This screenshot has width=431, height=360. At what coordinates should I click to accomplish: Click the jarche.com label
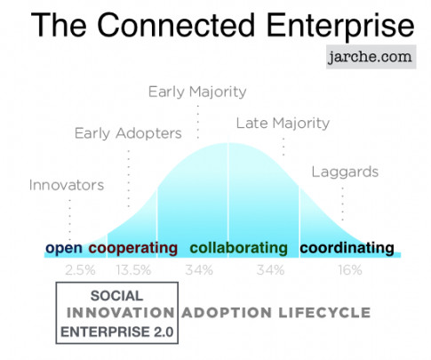371,57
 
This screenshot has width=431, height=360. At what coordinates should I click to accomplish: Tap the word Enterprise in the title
340,26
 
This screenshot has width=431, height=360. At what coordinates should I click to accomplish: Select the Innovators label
67,185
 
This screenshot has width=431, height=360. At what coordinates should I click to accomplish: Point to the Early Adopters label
128,133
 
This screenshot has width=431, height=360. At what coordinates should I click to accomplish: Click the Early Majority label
197,92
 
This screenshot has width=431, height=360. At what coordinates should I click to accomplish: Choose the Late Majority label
283,124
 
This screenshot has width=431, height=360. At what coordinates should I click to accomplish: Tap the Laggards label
345,172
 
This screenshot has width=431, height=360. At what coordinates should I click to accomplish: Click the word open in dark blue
64,248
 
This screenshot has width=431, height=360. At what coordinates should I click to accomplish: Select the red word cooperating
133,248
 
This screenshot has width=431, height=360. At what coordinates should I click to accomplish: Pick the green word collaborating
239,248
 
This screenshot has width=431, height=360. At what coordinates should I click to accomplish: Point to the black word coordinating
347,248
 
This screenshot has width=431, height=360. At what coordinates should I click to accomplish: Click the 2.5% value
80,270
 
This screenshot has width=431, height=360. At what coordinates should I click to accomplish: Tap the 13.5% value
133,270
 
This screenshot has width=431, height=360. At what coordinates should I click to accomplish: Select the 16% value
350,270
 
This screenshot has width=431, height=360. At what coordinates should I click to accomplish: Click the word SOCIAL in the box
116,296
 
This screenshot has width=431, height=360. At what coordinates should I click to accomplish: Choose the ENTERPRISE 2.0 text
117,332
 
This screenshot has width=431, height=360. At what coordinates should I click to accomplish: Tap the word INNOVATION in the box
120,313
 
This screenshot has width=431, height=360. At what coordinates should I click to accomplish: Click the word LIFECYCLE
324,313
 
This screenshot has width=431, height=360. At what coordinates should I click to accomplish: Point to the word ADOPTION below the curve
227,313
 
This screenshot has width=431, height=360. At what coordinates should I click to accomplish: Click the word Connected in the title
176,26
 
